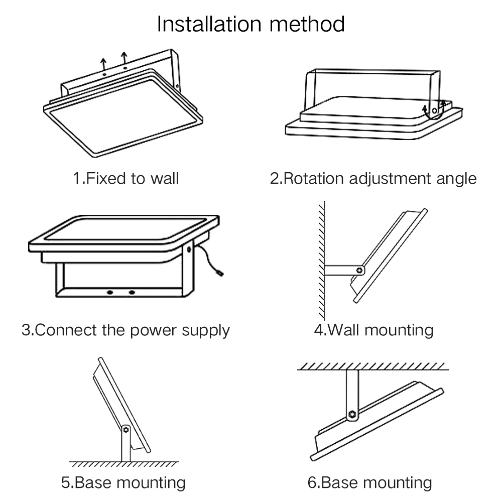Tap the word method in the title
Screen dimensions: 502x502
[308, 24]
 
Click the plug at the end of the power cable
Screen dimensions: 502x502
[219, 273]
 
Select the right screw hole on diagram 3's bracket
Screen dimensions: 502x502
[132, 293]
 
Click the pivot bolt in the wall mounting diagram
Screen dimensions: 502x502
[359, 270]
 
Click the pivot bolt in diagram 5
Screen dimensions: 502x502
[125, 430]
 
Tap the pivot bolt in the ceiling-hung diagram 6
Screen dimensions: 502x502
[352, 414]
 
